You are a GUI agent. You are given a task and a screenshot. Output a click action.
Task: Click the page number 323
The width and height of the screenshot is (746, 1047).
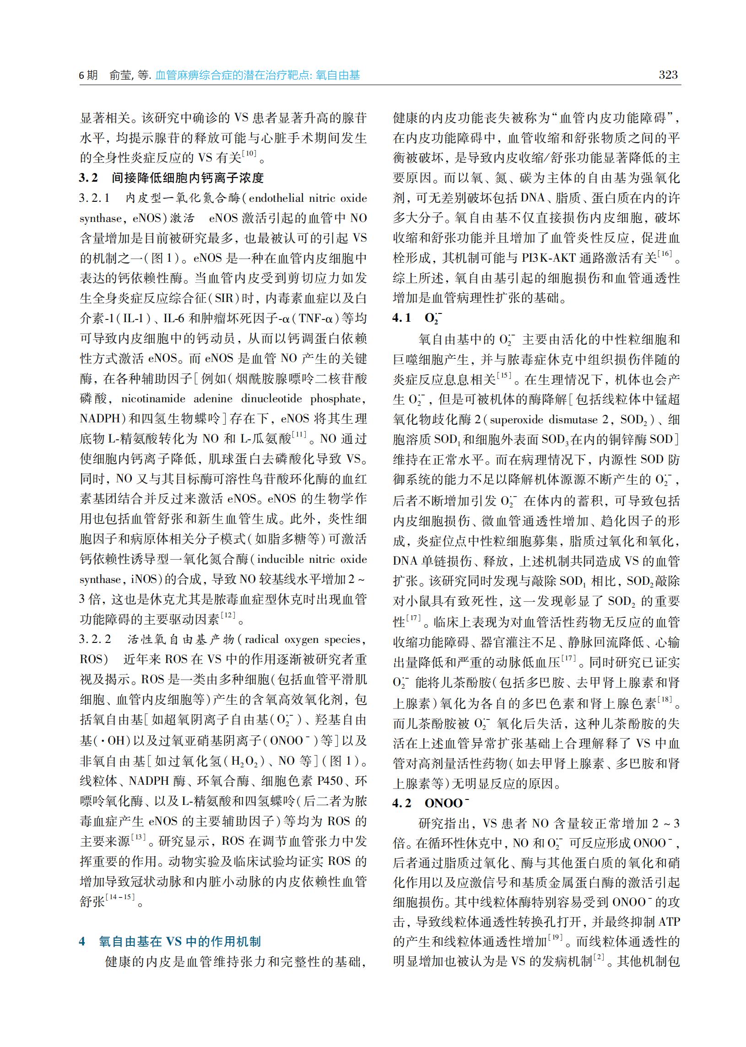click(668, 75)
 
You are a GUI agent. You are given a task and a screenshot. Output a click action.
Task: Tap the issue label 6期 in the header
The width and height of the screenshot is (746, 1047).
click(88, 76)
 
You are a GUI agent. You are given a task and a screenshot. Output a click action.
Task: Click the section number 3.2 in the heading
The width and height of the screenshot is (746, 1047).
click(89, 178)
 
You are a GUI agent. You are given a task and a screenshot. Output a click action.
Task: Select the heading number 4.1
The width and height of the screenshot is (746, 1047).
click(401, 318)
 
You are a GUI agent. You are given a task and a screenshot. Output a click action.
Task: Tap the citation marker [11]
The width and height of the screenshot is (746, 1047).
click(299, 435)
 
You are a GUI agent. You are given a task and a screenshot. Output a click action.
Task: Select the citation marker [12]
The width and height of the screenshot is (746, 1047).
click(228, 615)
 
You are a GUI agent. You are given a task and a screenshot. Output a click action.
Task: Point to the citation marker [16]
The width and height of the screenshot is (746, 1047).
click(665, 254)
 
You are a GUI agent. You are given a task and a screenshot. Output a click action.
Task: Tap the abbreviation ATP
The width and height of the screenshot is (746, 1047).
click(669, 922)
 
